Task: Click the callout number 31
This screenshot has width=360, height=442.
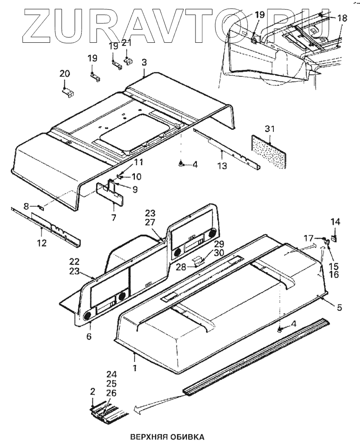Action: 270,129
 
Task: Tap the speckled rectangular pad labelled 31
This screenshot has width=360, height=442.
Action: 271,151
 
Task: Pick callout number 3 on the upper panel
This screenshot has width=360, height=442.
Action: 144,61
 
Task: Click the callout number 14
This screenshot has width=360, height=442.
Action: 335,222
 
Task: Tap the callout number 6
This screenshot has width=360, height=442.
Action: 89,336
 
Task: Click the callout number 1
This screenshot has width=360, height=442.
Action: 135,366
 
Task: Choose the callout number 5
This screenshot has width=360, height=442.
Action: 339,307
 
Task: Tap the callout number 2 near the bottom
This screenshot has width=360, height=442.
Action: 93,391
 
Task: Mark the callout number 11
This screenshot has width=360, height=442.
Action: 138,163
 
